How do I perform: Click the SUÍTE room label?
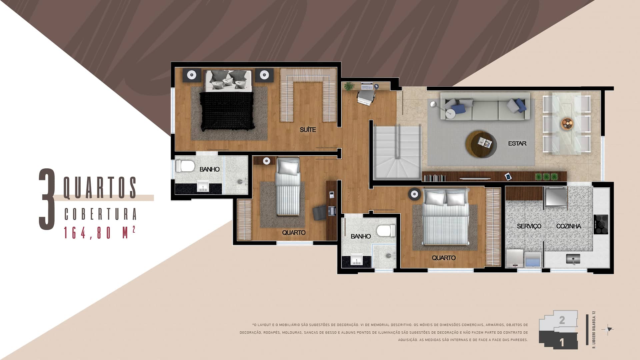pos(307,130)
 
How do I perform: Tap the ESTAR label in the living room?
pos(517,143)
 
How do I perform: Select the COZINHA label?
pos(568,226)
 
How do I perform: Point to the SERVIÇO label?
pos(529,226)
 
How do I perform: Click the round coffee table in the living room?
pos(481,146)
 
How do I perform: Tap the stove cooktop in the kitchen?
pos(601,224)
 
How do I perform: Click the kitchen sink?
pos(573,259)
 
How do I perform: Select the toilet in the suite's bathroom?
pos(185,166)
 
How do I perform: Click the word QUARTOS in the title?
pos(100,188)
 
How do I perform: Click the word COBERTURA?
pos(100,214)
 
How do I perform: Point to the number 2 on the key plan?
pos(562,320)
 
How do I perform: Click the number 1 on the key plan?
pos(562,342)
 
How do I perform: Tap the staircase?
pos(397,152)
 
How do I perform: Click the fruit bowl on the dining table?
pos(567,124)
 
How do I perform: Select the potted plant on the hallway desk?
pos(349,86)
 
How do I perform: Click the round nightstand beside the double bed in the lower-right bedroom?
pos(415,194)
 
